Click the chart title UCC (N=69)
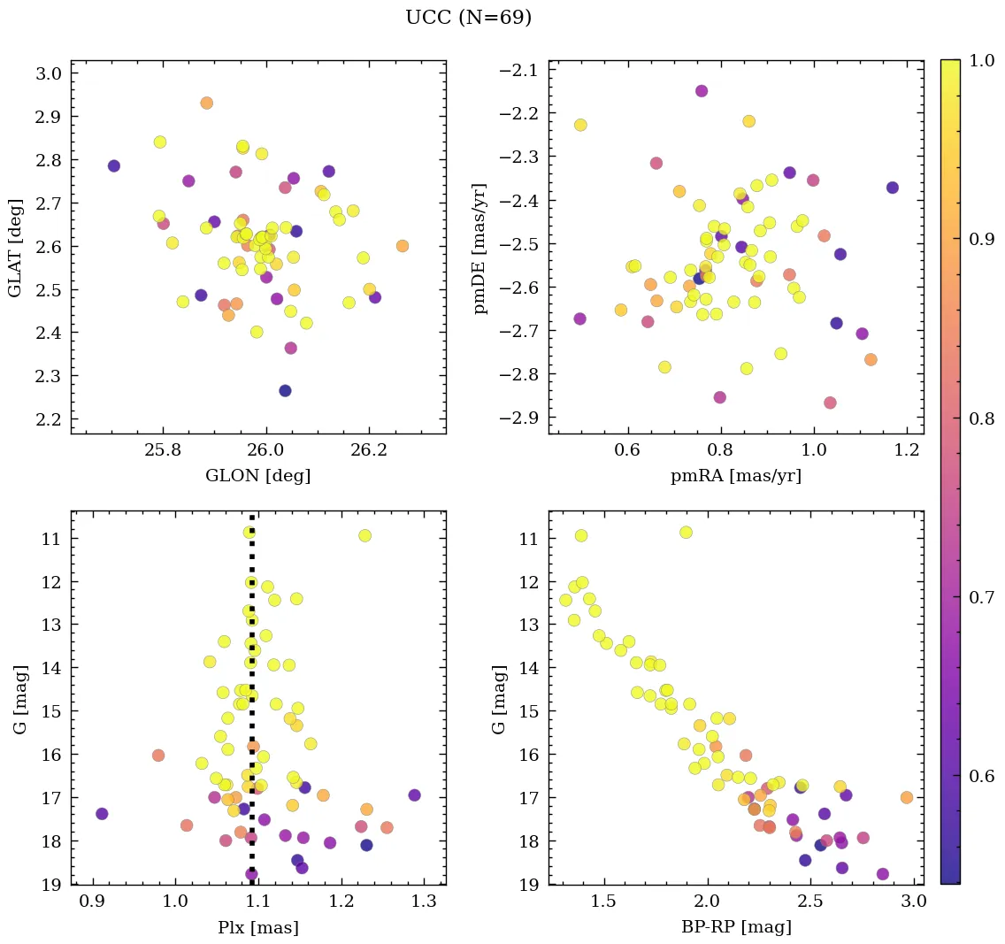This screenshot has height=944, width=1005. click(x=468, y=18)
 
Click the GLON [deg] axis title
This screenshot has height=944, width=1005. click(x=257, y=476)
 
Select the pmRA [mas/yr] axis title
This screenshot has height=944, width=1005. click(x=735, y=476)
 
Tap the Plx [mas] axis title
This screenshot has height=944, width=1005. click(x=257, y=927)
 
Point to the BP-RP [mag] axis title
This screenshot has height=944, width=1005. click(x=735, y=927)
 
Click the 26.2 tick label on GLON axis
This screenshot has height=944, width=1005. click(x=368, y=451)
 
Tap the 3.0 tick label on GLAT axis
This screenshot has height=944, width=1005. click(x=49, y=73)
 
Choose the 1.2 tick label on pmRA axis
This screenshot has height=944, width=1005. click(x=907, y=451)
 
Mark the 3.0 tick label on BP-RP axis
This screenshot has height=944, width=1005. click(x=913, y=902)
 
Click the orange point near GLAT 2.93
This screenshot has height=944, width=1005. click(x=206, y=103)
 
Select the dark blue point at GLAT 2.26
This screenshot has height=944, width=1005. click(x=285, y=390)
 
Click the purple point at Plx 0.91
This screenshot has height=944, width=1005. click(x=102, y=814)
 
